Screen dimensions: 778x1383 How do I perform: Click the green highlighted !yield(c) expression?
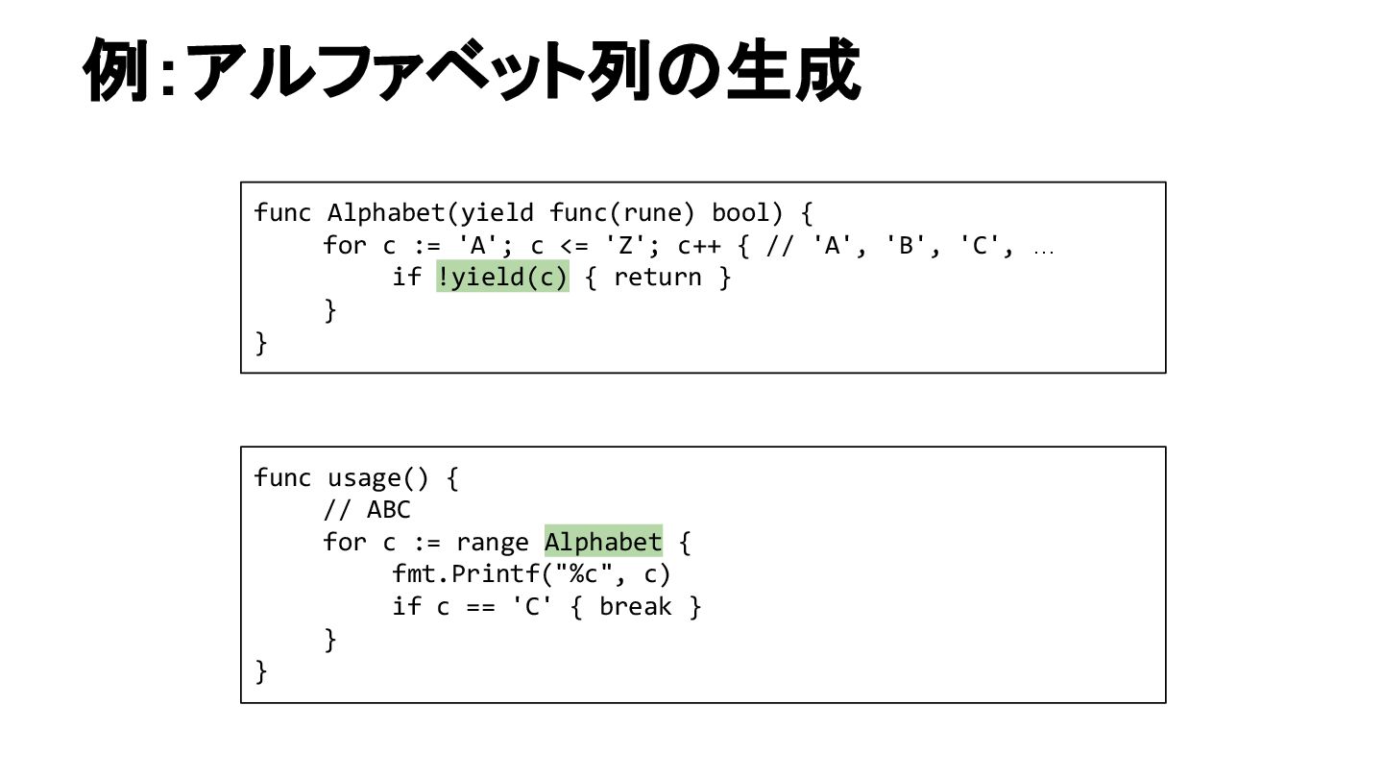(x=502, y=278)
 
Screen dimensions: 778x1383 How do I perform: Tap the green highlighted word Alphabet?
(x=603, y=543)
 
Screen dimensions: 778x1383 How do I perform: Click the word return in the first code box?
(x=658, y=278)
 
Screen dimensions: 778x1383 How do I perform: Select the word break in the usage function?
(x=635, y=607)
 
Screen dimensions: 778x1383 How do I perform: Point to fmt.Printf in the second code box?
(x=451, y=574)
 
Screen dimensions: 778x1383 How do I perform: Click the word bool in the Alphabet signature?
(x=740, y=212)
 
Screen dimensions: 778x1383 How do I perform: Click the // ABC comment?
(x=367, y=510)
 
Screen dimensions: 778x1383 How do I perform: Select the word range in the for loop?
(x=493, y=543)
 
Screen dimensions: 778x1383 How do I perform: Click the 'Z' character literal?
(x=627, y=245)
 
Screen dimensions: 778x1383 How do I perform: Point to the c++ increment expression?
(x=699, y=245)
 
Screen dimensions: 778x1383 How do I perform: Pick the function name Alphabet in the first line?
(x=386, y=212)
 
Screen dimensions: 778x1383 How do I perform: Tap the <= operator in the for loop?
(x=574, y=245)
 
